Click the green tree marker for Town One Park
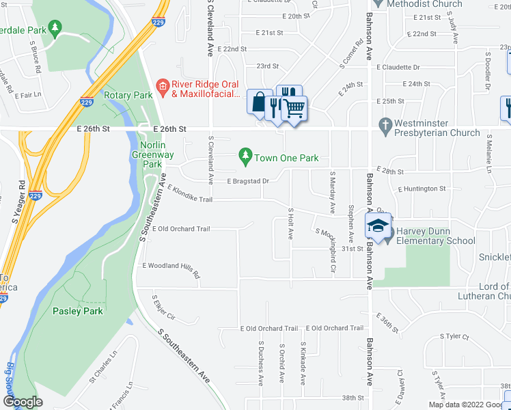(245, 157)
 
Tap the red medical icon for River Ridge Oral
(162, 85)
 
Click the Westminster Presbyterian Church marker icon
(384, 126)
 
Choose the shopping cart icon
(294, 108)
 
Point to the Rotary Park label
(128, 96)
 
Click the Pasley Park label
(77, 311)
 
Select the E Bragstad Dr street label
(248, 181)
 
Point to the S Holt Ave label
(290, 223)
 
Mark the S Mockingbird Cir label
(326, 241)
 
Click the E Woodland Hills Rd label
(171, 270)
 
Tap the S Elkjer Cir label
(164, 307)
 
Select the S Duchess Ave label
(260, 362)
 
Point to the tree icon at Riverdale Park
(56, 29)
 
